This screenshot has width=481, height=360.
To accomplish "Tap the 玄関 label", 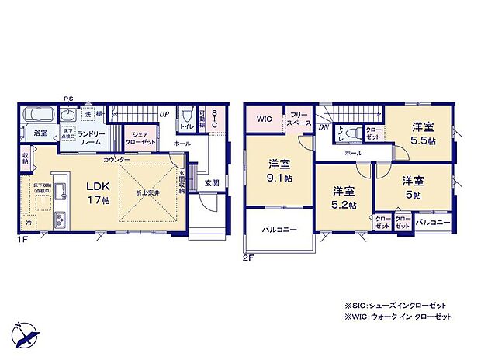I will tap(212, 182).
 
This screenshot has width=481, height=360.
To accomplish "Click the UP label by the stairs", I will tap(164, 114).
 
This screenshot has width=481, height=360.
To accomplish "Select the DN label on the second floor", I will tap(324, 126).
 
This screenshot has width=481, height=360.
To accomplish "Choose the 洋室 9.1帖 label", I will tap(280, 171).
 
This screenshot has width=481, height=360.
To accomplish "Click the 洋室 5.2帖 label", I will tap(344, 197).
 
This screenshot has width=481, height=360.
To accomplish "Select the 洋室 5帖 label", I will tap(412, 187).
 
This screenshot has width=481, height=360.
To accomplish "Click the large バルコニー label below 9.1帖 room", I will tap(279, 229).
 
